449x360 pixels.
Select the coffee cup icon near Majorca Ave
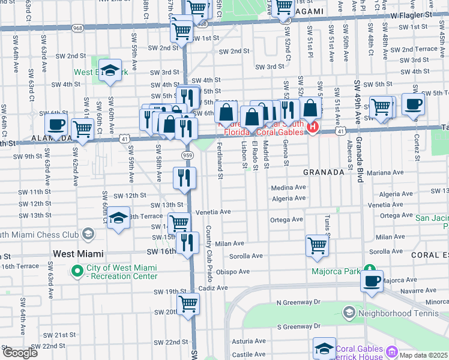(372, 280)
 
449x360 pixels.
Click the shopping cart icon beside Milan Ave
(316, 245)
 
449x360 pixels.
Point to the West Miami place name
(78, 254)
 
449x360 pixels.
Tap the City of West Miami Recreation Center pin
(77, 272)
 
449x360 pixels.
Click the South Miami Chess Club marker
(88, 233)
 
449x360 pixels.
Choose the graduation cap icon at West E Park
(110, 69)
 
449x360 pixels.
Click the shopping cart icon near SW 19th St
(188, 304)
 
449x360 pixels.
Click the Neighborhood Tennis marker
(349, 312)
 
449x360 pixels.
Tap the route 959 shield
(187, 155)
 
